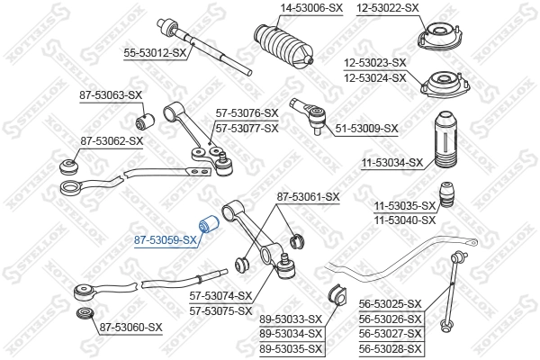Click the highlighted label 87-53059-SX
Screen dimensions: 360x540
pyautogui.click(x=166, y=240)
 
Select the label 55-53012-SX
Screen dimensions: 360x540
pyautogui.click(x=155, y=53)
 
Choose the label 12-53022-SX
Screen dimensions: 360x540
pyautogui.click(x=387, y=7)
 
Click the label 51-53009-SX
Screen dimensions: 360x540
pyautogui.click(x=366, y=129)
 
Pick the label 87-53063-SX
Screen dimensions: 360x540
pyautogui.click(x=111, y=94)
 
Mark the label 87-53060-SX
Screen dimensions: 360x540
pyautogui.click(x=130, y=327)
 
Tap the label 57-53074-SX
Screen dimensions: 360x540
pyautogui.click(x=220, y=295)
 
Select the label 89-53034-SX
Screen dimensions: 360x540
pyautogui.click(x=291, y=333)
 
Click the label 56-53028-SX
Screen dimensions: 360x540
pyautogui.click(x=390, y=347)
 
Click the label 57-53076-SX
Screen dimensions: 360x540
pyautogui.click(x=247, y=113)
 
